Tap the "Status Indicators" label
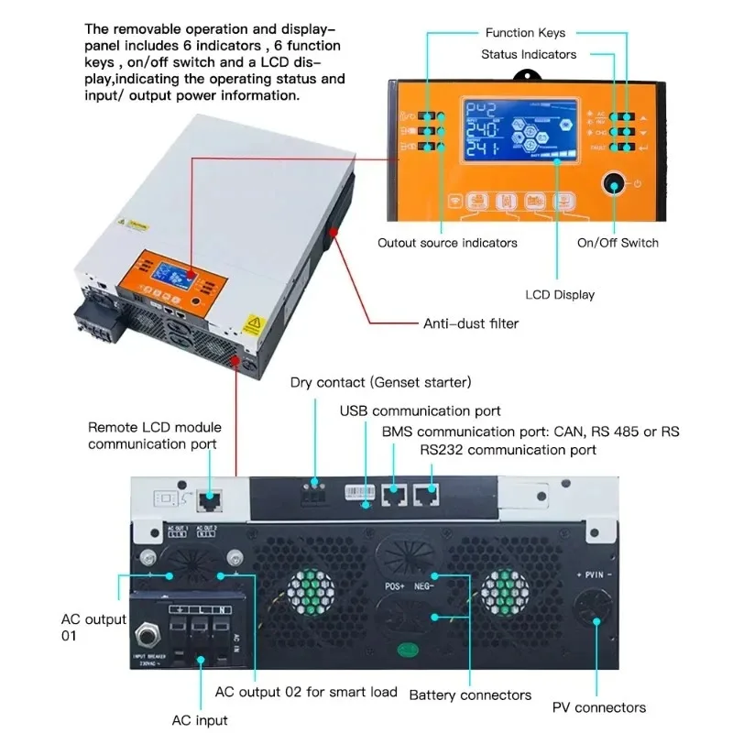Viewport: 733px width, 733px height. pyautogui.click(x=529, y=55)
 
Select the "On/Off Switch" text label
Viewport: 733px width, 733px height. pyautogui.click(x=618, y=243)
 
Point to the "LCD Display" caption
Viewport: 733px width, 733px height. pyautogui.click(x=560, y=295)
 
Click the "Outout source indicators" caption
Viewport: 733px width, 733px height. pyautogui.click(x=447, y=243)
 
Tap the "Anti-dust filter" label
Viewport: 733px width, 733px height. pyautogui.click(x=471, y=323)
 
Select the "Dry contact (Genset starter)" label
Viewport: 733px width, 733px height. pyautogui.click(x=380, y=382)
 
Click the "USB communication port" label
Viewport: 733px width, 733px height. pyautogui.click(x=421, y=410)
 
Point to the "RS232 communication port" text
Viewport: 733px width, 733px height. pyautogui.click(x=509, y=450)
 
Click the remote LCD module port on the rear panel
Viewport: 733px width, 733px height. pyautogui.click(x=213, y=500)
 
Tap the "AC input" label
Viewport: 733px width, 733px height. pyautogui.click(x=200, y=720)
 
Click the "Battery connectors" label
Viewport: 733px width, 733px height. pyautogui.click(x=470, y=695)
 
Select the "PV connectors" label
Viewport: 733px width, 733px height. pyautogui.click(x=598, y=707)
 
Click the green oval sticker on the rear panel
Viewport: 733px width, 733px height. pyautogui.click(x=401, y=653)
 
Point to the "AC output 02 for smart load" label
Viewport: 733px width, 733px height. pyautogui.click(x=306, y=692)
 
